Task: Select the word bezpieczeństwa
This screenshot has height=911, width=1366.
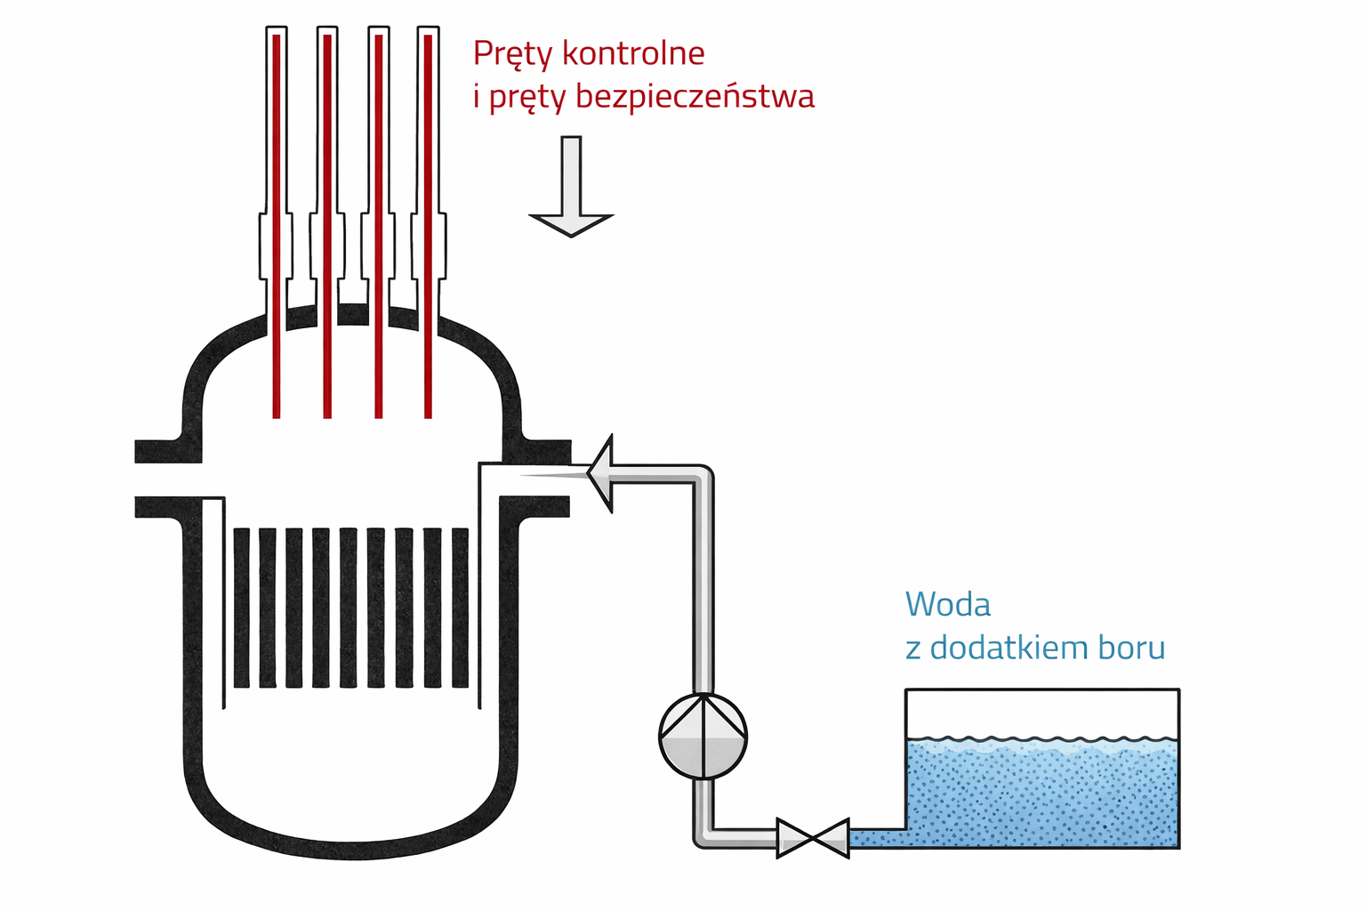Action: pyautogui.click(x=695, y=96)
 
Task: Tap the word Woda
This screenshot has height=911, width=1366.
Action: pyautogui.click(x=947, y=605)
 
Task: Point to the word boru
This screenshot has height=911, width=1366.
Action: pyautogui.click(x=1131, y=648)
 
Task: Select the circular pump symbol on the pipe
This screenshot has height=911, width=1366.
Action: pyautogui.click(x=703, y=737)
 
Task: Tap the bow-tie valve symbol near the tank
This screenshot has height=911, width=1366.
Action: pyautogui.click(x=812, y=838)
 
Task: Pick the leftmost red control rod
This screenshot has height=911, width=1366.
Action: pyautogui.click(x=277, y=222)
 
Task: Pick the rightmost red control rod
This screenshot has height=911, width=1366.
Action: pyautogui.click(x=428, y=222)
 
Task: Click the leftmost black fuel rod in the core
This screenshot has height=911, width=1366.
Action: pyautogui.click(x=241, y=609)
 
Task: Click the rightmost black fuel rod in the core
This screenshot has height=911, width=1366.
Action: pyautogui.click(x=460, y=609)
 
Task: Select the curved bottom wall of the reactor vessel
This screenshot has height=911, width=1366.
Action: pyautogui.click(x=352, y=849)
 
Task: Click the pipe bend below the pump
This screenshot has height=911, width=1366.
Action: pyautogui.click(x=703, y=836)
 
